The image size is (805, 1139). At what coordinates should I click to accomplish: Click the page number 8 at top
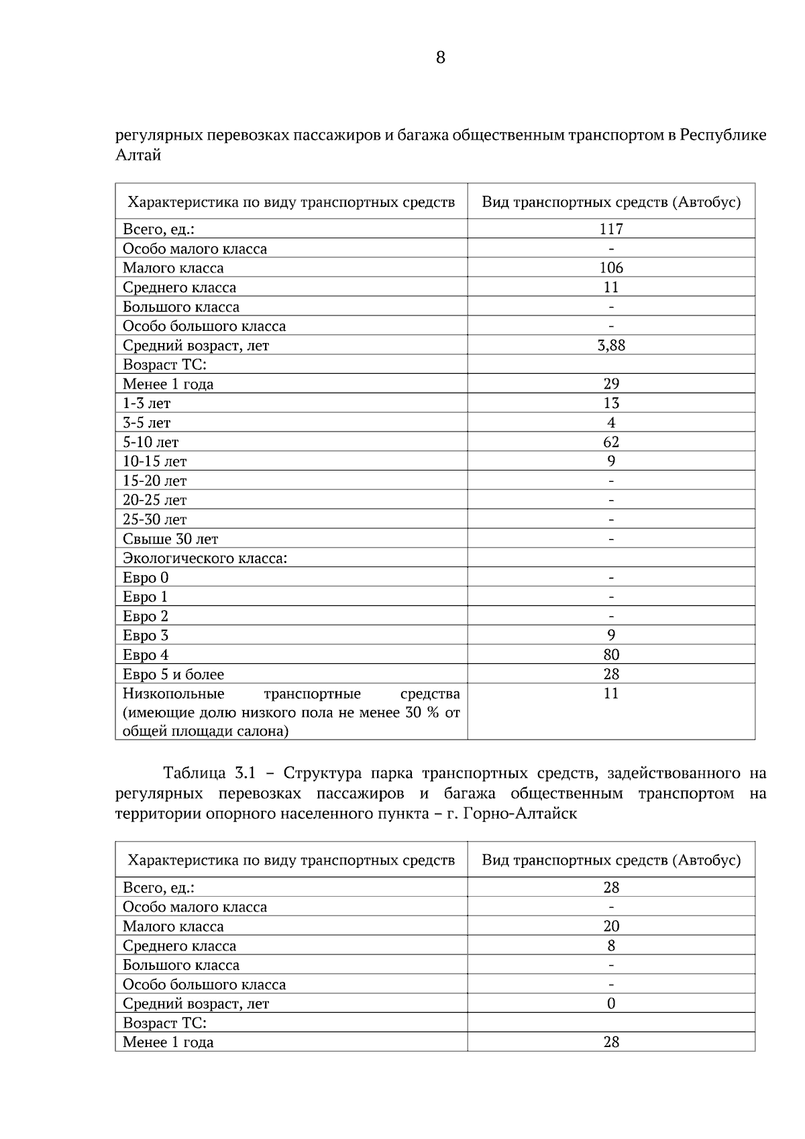point(440,58)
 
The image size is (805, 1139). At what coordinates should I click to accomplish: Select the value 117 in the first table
point(611,229)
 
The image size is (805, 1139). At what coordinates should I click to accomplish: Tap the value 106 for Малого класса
point(611,268)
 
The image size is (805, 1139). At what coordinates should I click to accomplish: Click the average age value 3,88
point(611,346)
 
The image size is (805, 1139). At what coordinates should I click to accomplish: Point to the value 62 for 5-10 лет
point(611,442)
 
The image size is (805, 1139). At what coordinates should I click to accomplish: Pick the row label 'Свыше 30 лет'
point(170,539)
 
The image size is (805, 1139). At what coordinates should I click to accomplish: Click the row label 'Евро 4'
point(146,655)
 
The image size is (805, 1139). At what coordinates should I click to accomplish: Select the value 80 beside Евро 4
point(611,655)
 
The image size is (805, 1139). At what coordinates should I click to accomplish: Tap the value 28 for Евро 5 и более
point(611,675)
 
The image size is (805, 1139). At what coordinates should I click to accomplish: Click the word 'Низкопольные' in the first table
point(174,694)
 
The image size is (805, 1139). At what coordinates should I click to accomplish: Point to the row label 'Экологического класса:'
point(205,558)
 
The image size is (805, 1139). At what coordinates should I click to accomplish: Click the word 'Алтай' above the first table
point(138,156)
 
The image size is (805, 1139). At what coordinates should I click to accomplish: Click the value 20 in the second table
point(611,926)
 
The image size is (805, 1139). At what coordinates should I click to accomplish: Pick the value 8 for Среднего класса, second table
point(611,946)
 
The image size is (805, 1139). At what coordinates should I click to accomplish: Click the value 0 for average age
point(611,1004)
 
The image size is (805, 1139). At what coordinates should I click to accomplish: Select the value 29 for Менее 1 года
point(611,384)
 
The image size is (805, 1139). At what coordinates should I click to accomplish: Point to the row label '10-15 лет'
point(154,462)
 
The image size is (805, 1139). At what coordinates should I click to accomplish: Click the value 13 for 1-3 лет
point(611,403)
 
